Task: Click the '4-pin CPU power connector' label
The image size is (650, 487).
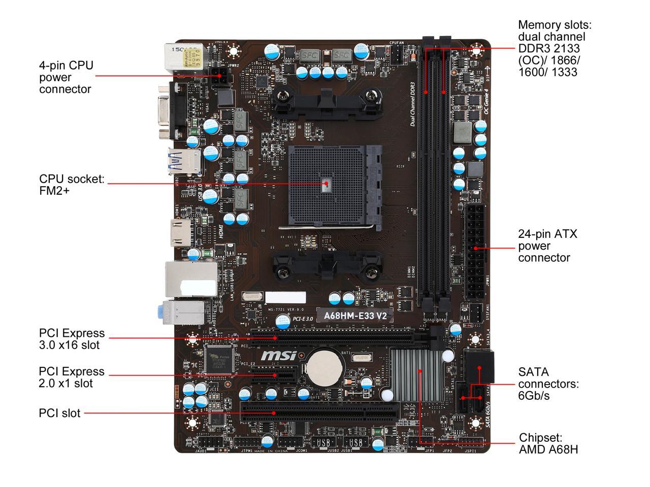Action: (66, 77)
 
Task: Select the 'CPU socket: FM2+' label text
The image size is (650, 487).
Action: (72, 185)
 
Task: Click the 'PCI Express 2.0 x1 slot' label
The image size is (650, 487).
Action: (72, 377)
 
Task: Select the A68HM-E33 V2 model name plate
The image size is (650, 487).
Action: (355, 316)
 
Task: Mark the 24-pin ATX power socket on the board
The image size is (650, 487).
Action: (475, 252)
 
